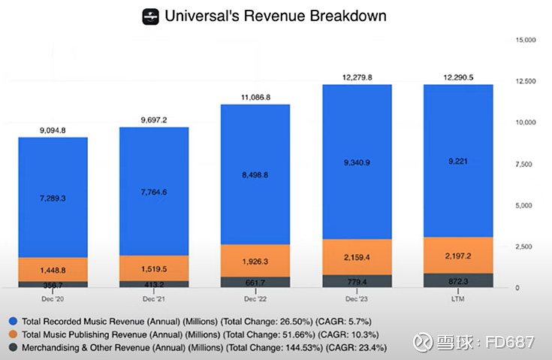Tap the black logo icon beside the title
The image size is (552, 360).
[151, 16]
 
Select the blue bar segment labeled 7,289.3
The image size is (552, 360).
[53, 198]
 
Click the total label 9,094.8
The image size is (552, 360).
[53, 130]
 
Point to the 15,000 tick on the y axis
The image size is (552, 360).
[524, 39]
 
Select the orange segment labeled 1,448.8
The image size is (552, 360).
[53, 268]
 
